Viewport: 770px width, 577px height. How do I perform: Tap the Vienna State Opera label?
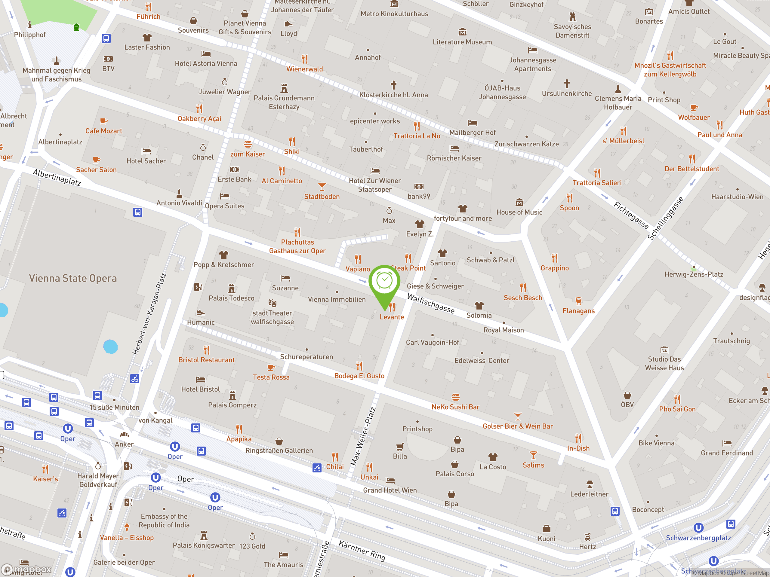(x=73, y=278)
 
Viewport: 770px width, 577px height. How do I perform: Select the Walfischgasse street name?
(x=431, y=304)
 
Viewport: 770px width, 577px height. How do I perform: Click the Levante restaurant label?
(x=392, y=317)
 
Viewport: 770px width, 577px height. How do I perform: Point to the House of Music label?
(x=519, y=212)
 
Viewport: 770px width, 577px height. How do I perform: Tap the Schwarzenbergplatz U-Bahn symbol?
(x=698, y=528)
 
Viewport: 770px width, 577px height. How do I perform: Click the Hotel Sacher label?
(x=146, y=161)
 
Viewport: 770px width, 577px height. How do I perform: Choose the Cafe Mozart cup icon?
(x=103, y=121)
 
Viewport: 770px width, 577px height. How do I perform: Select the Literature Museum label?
(x=462, y=42)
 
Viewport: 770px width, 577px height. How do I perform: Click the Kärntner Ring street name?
(x=362, y=551)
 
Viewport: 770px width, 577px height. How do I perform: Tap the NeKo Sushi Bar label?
(x=455, y=407)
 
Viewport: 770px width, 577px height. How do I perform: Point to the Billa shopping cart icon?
(x=400, y=447)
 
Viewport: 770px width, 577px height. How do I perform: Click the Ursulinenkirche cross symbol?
(x=567, y=84)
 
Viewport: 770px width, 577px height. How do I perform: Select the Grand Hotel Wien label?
(x=390, y=490)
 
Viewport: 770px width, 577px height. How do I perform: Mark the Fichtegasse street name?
(x=631, y=216)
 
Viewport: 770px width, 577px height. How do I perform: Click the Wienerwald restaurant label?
(x=305, y=69)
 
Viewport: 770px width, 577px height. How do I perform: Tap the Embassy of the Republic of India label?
(x=164, y=521)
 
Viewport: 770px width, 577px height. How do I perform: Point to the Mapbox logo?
(x=27, y=569)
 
